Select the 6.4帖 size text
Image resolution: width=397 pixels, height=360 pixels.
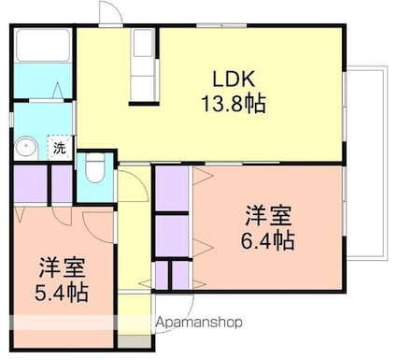click(x=270, y=241)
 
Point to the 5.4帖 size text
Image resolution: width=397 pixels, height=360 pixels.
click(x=63, y=292)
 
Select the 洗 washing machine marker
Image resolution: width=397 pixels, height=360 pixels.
click(x=59, y=148)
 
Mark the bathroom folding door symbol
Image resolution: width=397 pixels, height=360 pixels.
click(x=58, y=92)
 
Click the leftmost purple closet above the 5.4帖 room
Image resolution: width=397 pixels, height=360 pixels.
click(x=29, y=184)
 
